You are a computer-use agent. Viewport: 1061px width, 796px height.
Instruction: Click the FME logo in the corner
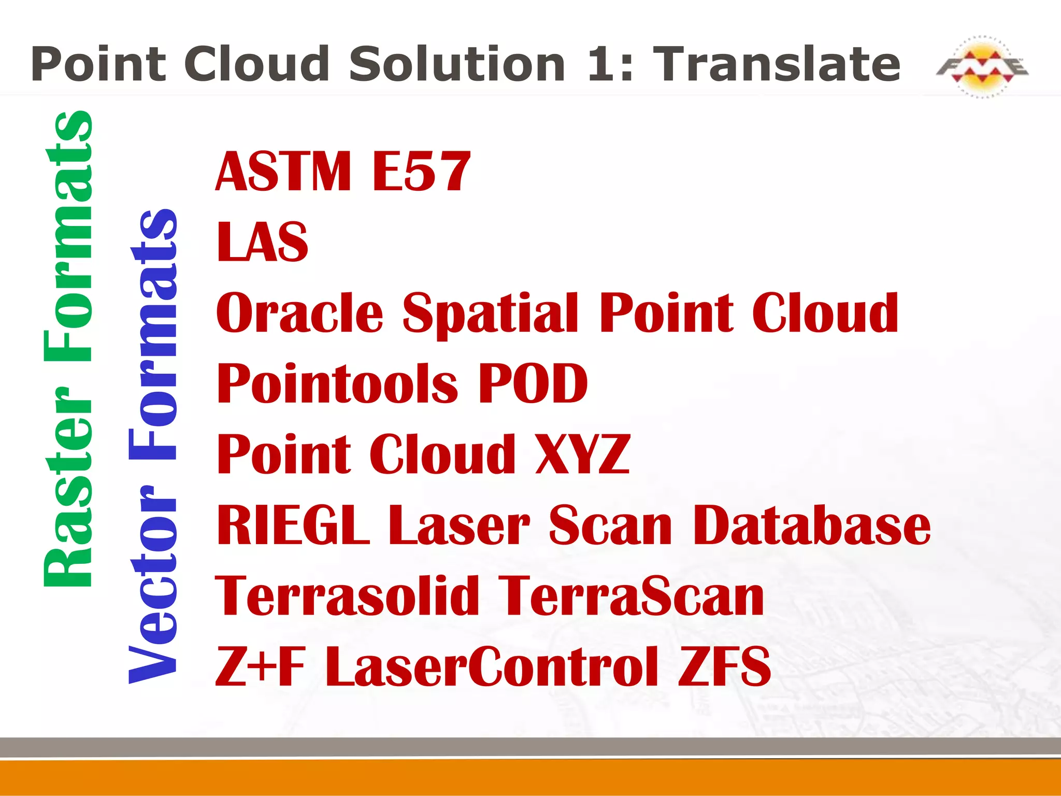coord(982,67)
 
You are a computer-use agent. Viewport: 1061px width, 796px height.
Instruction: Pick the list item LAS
coord(262,242)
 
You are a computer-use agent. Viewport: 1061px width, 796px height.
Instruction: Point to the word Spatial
coord(490,314)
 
